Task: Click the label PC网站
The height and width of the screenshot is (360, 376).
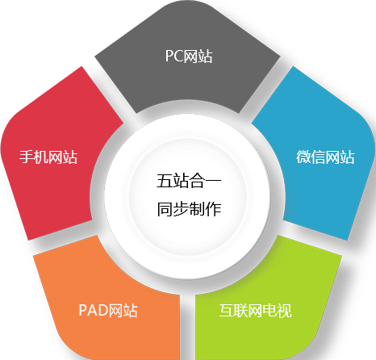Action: click(189, 56)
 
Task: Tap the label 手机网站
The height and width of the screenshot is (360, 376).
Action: click(48, 157)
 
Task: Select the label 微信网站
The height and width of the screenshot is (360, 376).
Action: click(325, 157)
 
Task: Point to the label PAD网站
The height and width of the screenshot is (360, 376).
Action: click(108, 310)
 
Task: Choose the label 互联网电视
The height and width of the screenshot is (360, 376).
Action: click(256, 311)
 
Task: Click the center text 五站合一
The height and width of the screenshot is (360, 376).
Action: click(189, 181)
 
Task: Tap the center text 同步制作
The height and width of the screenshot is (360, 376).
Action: click(189, 209)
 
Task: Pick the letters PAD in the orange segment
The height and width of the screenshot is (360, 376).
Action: click(94, 310)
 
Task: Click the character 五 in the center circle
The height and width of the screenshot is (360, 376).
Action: click(165, 181)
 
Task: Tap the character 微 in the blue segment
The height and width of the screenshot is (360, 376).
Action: click(303, 157)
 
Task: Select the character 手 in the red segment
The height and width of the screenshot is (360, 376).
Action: click(27, 157)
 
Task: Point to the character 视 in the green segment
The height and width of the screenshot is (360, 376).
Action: click(285, 311)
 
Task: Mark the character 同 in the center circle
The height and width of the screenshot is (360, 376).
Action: click(165, 209)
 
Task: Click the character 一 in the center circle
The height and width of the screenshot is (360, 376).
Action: click(214, 181)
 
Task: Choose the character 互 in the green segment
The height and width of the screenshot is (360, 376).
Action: click(227, 311)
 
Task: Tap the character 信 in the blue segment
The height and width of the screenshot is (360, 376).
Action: click(318, 157)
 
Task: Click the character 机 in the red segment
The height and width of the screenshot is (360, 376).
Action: click(41, 157)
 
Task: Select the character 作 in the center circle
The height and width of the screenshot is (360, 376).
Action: click(214, 209)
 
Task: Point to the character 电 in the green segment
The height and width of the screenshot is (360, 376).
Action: click(270, 311)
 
